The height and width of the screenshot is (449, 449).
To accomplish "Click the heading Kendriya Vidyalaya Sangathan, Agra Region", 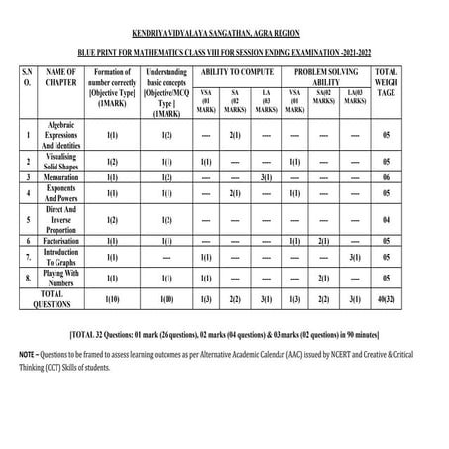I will [224, 20].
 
